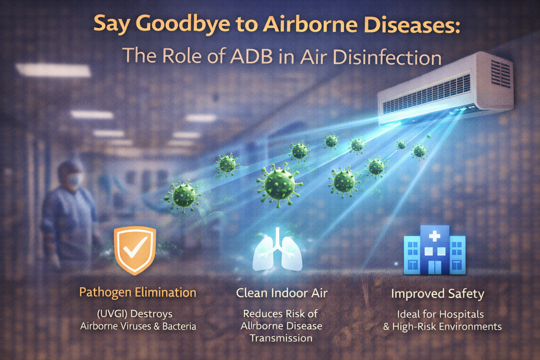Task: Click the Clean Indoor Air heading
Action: pos(281,293)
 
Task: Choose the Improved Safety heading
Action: pos(437,293)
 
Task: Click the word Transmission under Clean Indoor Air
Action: pos(281,338)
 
